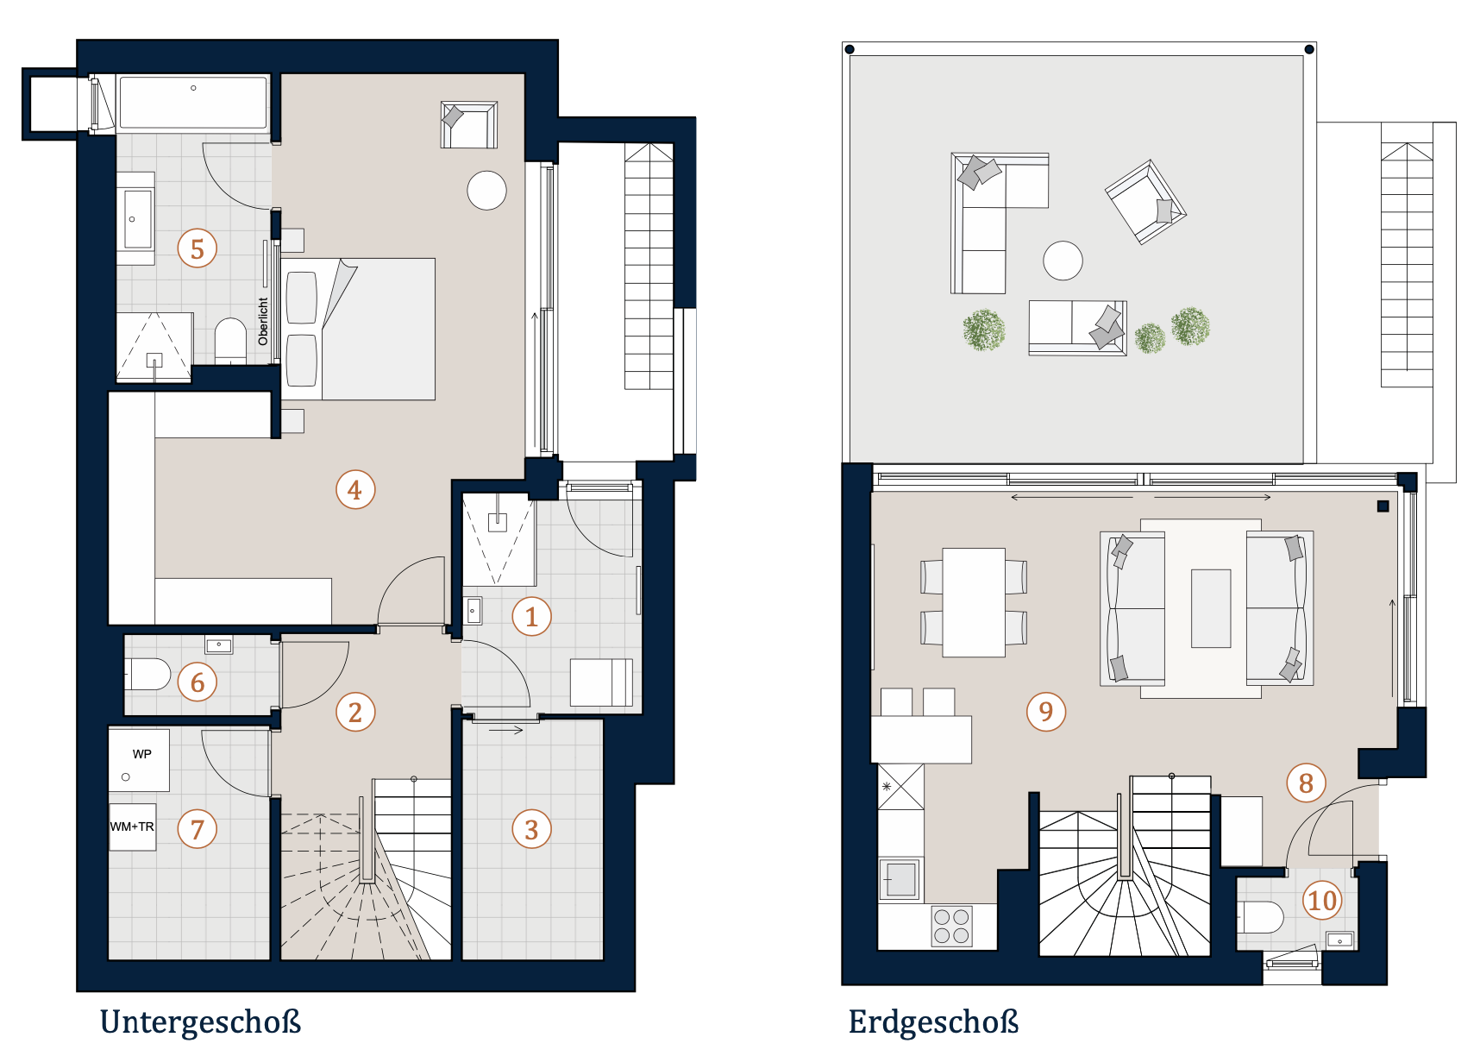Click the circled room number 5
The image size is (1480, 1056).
coord(198,248)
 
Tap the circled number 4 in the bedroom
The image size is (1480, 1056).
coord(354,490)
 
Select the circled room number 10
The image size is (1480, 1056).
coord(1322,900)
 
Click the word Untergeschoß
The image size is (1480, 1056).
coord(201,1022)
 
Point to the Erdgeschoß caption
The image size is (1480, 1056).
coord(933,1022)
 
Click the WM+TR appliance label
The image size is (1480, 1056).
coord(132,827)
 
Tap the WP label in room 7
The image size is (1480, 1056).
coord(142,754)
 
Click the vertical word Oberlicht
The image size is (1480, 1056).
coord(263,321)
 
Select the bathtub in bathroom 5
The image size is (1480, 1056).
coord(193,104)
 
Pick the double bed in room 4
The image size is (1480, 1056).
coord(358,329)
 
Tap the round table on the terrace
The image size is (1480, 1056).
coord(1063,260)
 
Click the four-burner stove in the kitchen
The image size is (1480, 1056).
coord(952,926)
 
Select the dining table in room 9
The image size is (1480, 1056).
coord(974,602)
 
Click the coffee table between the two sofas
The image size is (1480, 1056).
coord(1211,608)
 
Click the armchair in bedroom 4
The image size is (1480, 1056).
coord(469,125)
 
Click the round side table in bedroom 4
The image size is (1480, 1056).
coord(487,190)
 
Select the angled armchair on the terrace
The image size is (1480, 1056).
coord(1146,202)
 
